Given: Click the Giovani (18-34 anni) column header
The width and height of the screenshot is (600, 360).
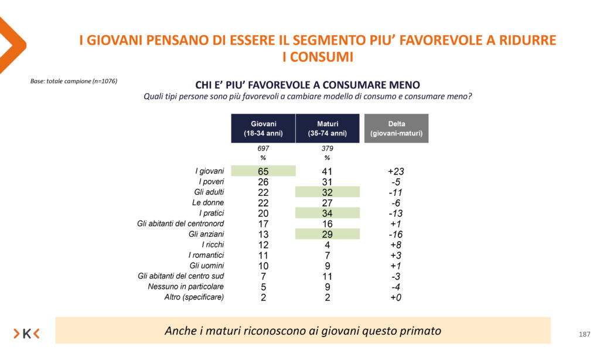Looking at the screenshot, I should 263,128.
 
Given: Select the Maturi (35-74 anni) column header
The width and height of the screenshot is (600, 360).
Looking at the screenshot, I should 327,128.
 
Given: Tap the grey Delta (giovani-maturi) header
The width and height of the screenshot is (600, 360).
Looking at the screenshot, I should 396,128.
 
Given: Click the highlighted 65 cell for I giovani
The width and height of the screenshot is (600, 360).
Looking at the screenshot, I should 263,171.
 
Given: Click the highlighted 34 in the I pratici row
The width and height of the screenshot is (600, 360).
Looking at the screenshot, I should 327,213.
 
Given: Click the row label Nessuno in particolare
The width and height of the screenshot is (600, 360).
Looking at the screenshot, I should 186,287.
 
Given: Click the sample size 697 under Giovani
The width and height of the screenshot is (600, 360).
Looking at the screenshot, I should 263,149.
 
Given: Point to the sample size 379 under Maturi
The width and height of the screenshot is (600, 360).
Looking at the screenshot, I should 327,149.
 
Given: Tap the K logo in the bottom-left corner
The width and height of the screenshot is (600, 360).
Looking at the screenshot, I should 26,334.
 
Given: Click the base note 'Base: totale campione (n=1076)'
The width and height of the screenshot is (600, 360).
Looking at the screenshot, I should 74,81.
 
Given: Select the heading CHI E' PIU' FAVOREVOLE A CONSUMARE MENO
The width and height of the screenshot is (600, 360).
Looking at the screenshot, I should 308,85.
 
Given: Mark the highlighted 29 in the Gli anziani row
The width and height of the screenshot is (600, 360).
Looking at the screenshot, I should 327,235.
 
